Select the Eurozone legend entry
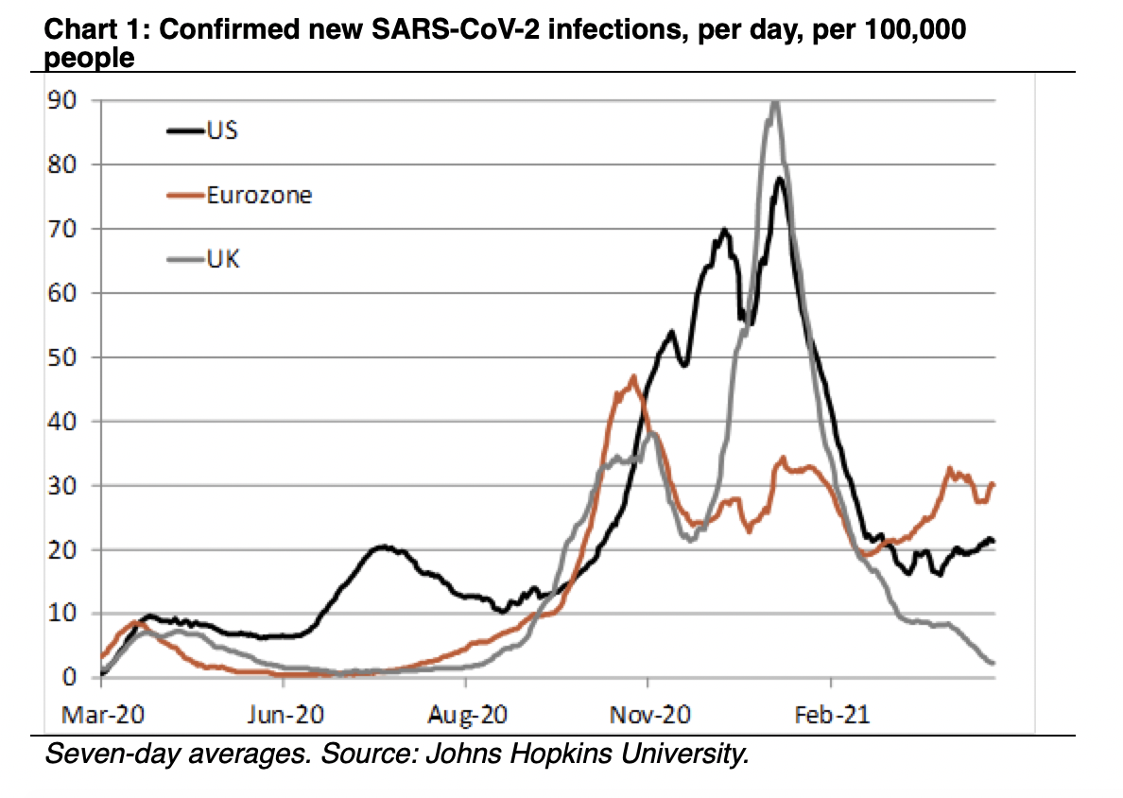click(x=242, y=196)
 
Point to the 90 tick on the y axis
click(x=65, y=100)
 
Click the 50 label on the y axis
click(x=65, y=357)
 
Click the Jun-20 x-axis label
click(x=283, y=714)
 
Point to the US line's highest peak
click(x=780, y=179)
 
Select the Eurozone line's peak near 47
click(x=632, y=377)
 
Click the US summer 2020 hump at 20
click(x=383, y=546)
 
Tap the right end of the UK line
click(x=992, y=662)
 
